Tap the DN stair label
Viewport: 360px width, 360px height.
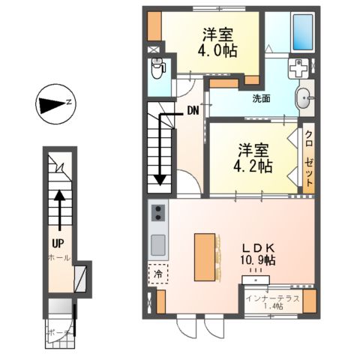(x=193, y=111)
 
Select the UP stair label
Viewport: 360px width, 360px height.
(x=57, y=242)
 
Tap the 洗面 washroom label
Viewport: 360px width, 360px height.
(x=261, y=97)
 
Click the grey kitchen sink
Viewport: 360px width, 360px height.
(x=158, y=244)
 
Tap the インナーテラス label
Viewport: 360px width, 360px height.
(x=272, y=298)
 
